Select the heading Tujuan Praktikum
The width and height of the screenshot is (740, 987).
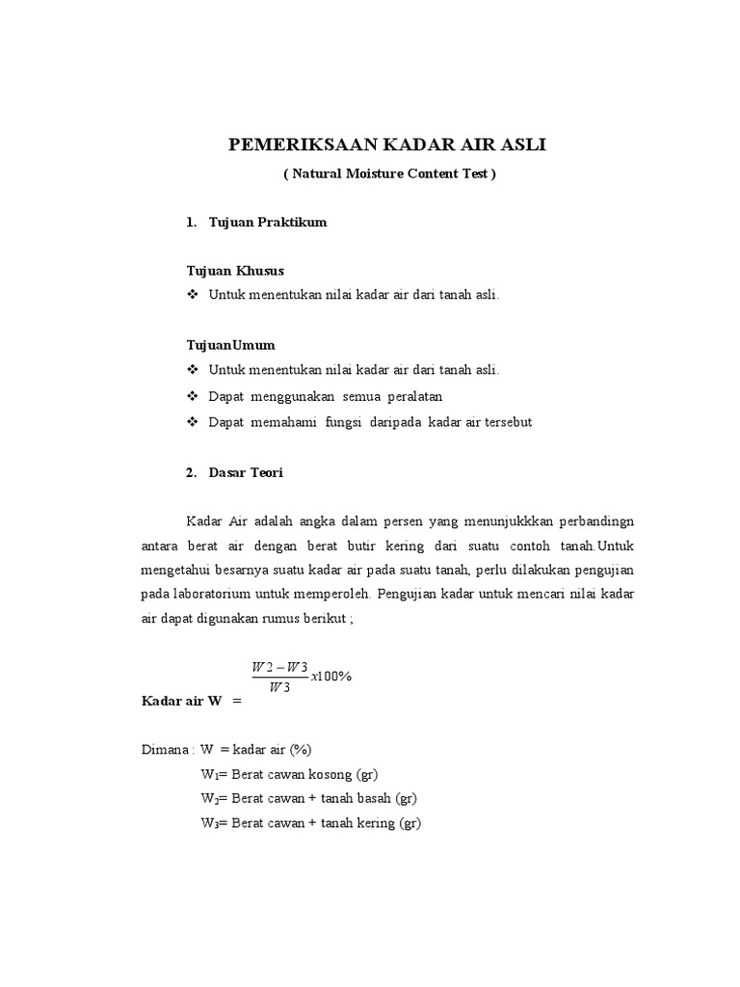pos(267,223)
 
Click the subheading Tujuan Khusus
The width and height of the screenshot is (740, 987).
pos(235,271)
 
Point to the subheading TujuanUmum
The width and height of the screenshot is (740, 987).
pos(230,344)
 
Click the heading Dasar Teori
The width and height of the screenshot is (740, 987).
pos(246,472)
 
